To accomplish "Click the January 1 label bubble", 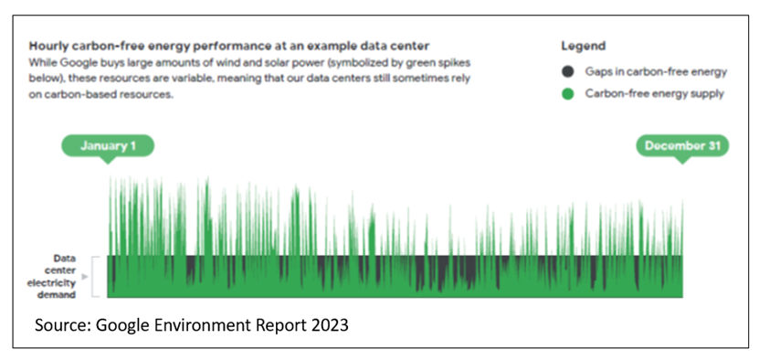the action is (x=108, y=146).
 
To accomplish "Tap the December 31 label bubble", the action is (x=682, y=146).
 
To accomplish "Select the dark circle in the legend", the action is (x=568, y=72).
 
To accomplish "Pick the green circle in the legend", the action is (x=568, y=94).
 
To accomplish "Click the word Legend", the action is (x=584, y=47).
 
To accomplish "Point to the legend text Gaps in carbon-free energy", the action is (x=656, y=72).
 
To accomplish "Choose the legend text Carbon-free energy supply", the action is (x=655, y=93).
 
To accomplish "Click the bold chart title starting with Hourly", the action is (x=229, y=47).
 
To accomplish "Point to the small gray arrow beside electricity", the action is (x=85, y=277).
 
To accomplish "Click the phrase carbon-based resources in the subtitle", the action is (x=100, y=94).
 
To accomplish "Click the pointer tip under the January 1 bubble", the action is (x=108, y=164).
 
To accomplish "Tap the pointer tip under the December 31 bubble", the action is (x=682, y=164).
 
